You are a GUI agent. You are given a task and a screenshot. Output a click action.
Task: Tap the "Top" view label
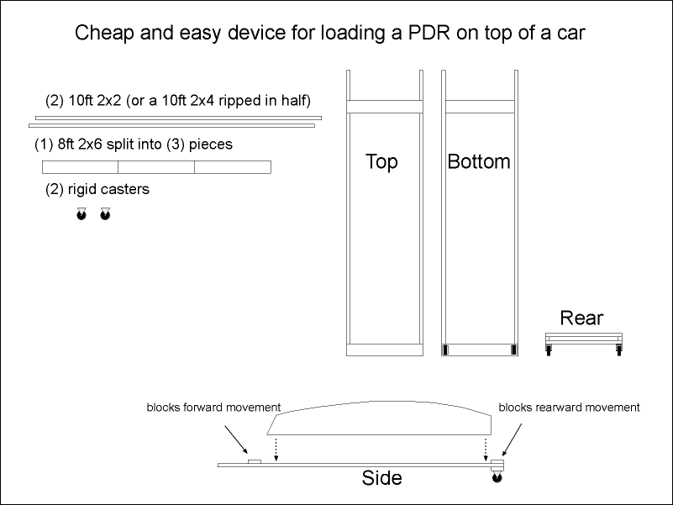click(381, 161)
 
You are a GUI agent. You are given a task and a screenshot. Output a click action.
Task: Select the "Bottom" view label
click(479, 161)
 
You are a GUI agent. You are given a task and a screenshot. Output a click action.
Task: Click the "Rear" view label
click(581, 318)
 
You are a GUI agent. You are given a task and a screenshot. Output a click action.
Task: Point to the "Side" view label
click(381, 479)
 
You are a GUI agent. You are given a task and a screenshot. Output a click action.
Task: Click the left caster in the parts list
click(81, 215)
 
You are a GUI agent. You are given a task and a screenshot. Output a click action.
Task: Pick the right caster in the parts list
click(105, 215)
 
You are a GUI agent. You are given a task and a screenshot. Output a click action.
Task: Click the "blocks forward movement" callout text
click(213, 408)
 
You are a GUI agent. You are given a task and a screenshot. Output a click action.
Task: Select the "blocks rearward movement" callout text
click(569, 408)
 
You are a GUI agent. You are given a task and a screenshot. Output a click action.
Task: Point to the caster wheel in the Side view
click(497, 479)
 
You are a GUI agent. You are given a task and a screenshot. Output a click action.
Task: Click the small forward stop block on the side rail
click(254, 460)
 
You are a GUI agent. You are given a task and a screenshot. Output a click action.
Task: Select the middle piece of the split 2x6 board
click(156, 166)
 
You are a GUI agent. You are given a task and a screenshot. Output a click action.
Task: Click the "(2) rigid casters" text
click(97, 189)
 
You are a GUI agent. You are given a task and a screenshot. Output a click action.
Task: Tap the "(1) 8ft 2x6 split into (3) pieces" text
click(134, 144)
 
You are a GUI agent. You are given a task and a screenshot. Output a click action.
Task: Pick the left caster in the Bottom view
click(447, 350)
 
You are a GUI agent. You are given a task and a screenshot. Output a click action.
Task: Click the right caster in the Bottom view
click(510, 350)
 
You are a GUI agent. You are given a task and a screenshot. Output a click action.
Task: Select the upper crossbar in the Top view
click(384, 107)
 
